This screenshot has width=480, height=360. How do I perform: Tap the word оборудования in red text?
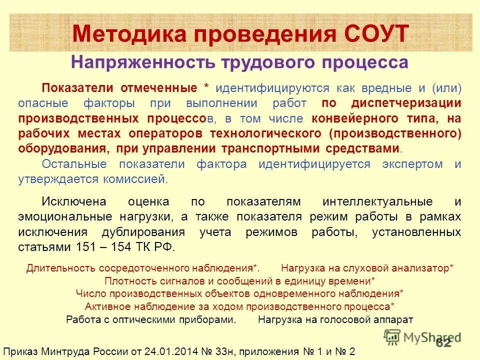[x=62, y=149]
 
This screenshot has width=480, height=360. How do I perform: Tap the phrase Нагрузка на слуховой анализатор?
[x=367, y=268]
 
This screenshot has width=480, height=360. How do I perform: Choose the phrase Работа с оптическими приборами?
[x=151, y=319]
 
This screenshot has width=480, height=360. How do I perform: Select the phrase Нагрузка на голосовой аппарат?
[x=335, y=319]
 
